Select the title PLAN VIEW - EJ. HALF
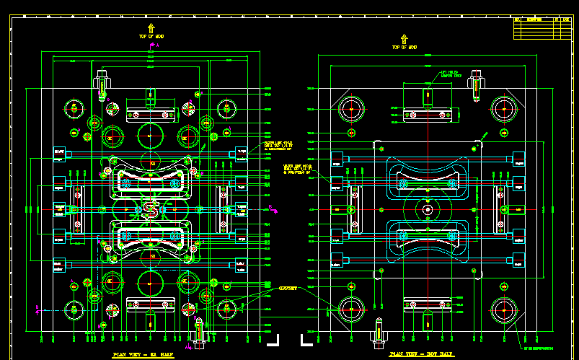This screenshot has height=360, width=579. [x=143, y=355]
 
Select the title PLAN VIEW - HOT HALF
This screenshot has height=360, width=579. [x=422, y=354]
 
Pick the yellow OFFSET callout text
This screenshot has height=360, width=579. [x=288, y=288]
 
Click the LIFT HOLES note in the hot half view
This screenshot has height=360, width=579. [x=451, y=74]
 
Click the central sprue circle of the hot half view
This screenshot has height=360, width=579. [x=428, y=210]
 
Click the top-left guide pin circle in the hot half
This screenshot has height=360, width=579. [x=352, y=109]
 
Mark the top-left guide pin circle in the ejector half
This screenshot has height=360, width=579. [x=74, y=109]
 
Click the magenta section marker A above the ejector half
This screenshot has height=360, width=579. [x=151, y=45]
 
